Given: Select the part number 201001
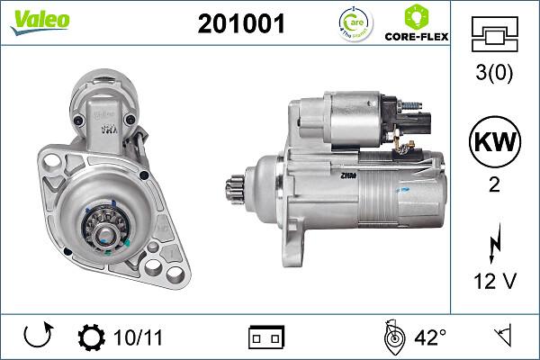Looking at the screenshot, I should [240, 25].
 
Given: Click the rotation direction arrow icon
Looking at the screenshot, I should [37, 338].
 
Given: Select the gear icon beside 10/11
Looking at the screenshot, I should [92, 338].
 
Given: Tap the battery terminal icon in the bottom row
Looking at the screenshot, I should [267, 338].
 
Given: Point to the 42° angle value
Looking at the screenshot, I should [430, 338].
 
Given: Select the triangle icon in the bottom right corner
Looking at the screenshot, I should [503, 338].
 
